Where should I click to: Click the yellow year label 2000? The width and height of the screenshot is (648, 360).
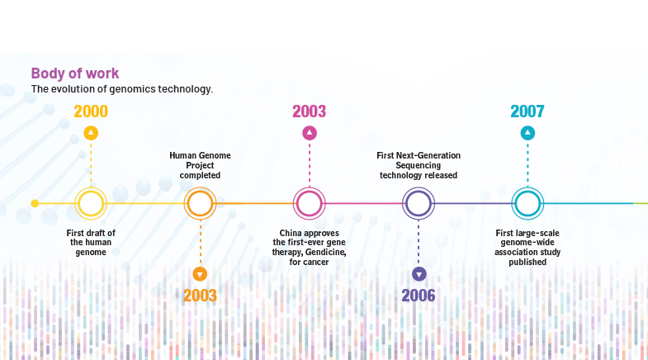click(91, 111)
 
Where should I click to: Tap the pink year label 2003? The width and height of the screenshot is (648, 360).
click(309, 111)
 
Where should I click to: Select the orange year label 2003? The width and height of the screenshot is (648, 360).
click(200, 296)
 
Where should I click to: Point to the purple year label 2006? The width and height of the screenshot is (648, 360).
click(419, 296)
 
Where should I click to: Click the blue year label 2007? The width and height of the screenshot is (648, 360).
click(527, 111)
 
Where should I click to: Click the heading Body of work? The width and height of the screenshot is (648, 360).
click(75, 73)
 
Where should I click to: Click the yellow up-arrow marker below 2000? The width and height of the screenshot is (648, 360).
click(91, 133)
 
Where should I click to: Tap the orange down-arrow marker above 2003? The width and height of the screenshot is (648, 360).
click(200, 274)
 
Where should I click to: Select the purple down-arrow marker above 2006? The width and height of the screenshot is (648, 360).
click(419, 274)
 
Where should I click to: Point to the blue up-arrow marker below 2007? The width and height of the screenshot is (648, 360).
click(527, 133)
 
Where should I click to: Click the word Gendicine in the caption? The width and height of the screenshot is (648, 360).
click(325, 252)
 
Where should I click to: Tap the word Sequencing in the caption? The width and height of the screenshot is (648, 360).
click(419, 166)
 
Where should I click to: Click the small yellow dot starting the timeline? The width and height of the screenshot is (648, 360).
click(35, 203)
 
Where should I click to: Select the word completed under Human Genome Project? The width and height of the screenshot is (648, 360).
click(200, 176)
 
